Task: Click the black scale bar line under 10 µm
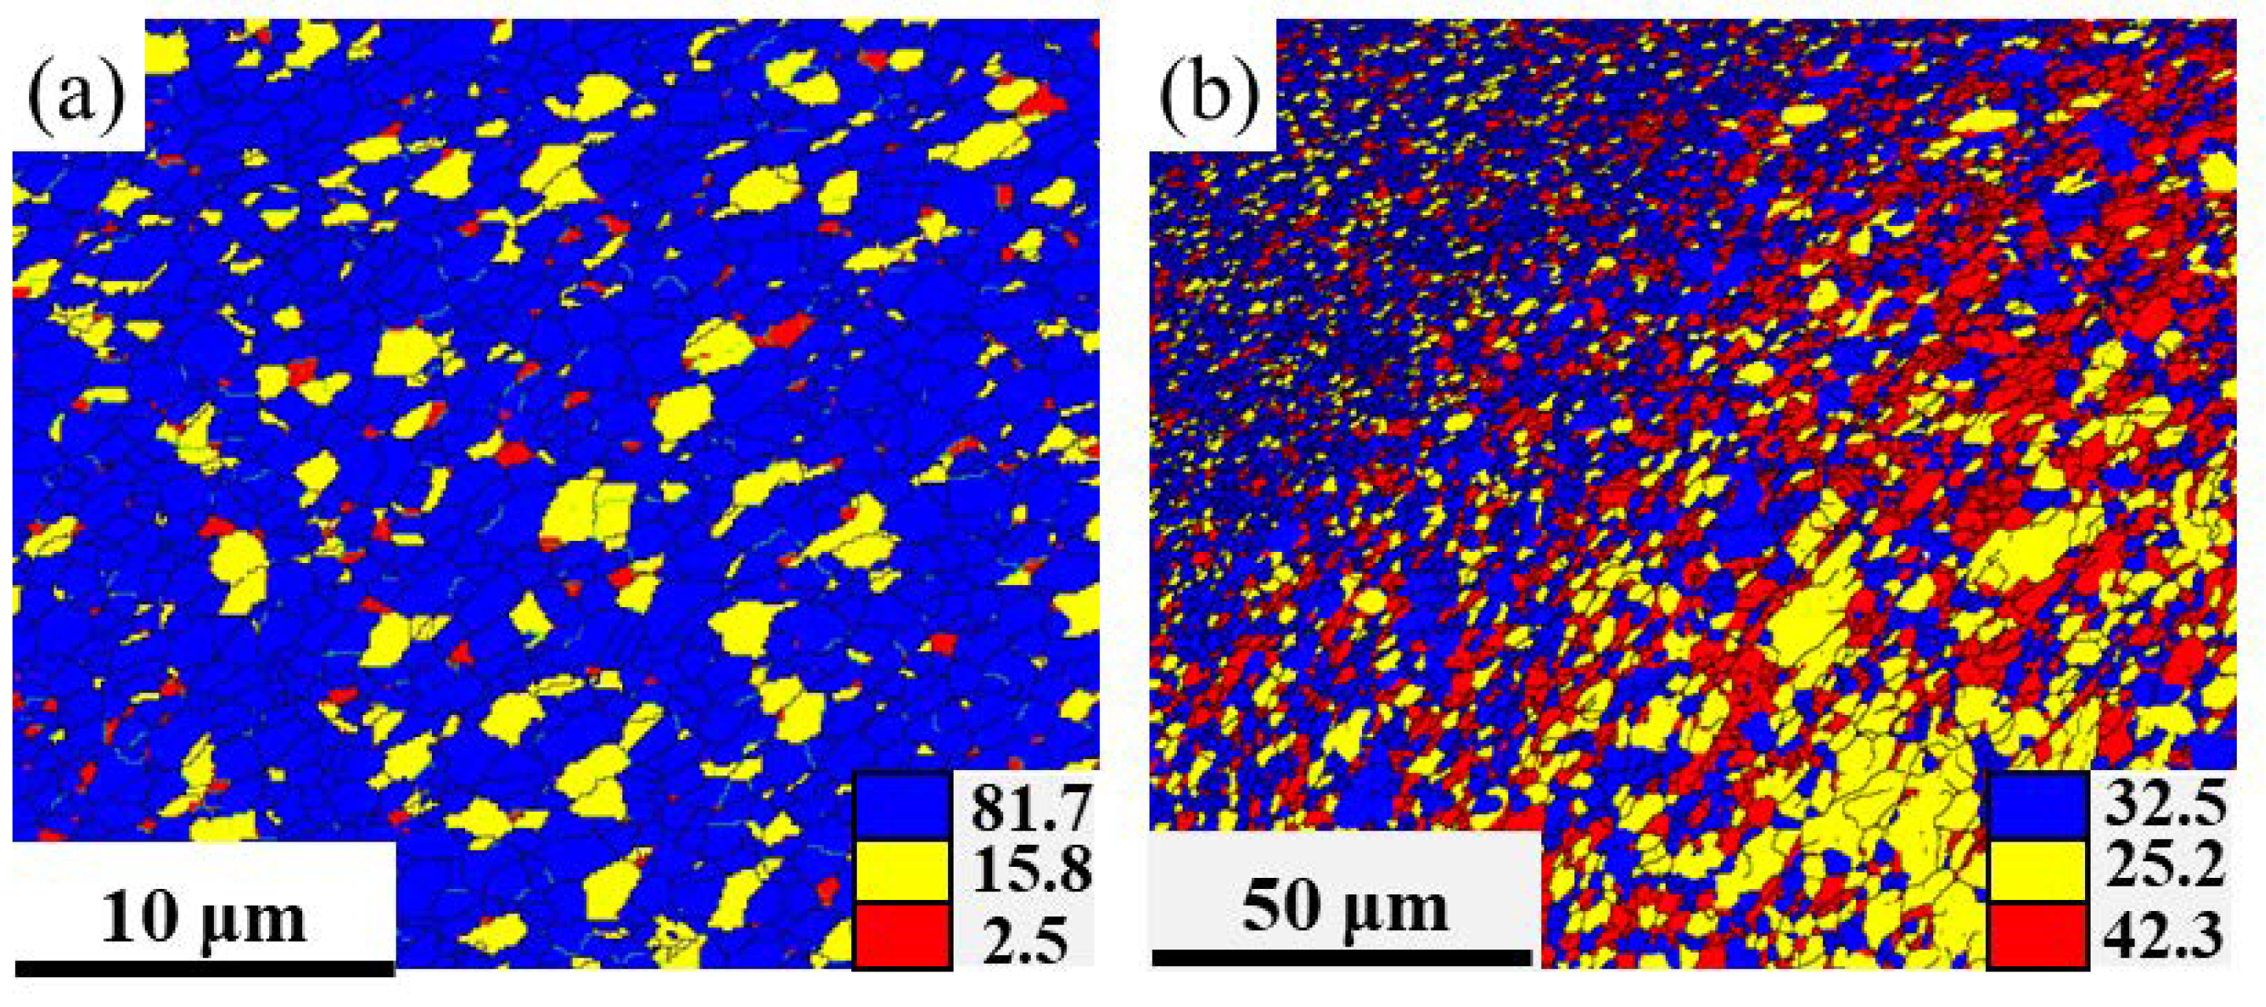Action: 203,968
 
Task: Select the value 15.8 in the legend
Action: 1030,872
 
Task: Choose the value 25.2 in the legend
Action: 2165,872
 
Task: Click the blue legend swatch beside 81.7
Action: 902,805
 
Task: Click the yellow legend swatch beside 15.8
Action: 902,872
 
